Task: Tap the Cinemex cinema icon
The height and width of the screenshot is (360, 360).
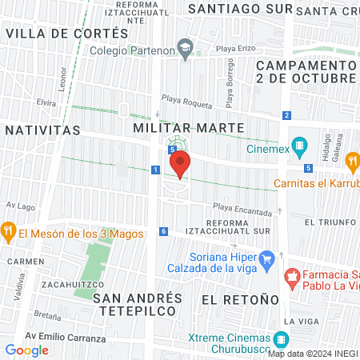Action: point(300,146)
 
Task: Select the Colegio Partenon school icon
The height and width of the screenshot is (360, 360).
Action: point(186,49)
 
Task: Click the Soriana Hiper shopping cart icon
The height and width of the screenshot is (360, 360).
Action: point(268,258)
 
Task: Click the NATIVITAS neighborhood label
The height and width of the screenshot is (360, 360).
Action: point(42,129)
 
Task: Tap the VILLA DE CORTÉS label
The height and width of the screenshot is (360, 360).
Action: point(66,34)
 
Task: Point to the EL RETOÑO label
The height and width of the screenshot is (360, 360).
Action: point(240,298)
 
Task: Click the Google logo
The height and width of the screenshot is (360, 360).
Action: point(27,350)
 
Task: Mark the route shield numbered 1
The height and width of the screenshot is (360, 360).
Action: point(155,170)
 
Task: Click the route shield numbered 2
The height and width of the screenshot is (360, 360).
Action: point(286,116)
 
